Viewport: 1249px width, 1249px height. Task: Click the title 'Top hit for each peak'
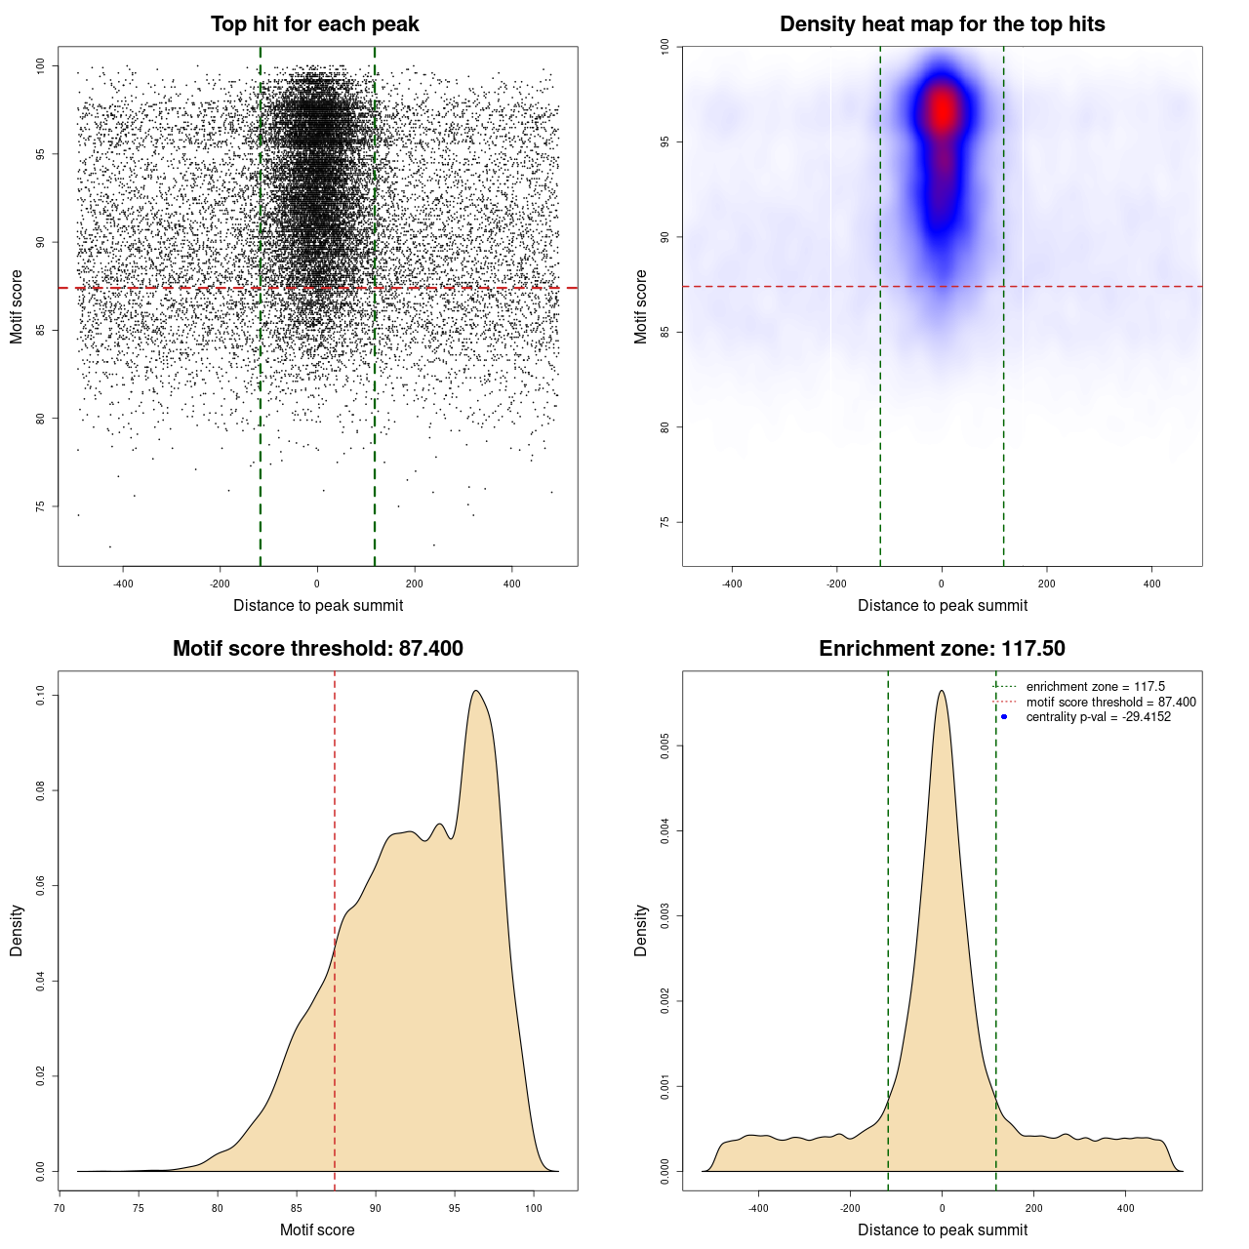315,24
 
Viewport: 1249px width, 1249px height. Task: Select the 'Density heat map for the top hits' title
942,24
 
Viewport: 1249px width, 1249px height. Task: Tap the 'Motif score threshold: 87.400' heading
317,649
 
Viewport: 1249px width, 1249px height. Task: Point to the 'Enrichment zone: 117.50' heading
942,649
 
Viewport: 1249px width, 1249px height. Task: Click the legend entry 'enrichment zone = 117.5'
1095,687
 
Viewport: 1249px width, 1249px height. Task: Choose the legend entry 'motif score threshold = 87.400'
1110,702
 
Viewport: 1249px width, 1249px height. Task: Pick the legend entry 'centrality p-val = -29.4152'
1098,717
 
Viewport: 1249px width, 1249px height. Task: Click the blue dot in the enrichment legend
1004,717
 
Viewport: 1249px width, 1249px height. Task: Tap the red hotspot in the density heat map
942,110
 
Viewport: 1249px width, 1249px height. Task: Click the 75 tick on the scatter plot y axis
41,506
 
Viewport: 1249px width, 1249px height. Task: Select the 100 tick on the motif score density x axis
533,1208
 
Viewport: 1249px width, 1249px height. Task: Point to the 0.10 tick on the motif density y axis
41,695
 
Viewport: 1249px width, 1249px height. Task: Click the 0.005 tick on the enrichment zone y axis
665,746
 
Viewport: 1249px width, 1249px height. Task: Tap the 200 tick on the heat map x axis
1047,584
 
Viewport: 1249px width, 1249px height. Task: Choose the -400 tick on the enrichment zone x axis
758,1208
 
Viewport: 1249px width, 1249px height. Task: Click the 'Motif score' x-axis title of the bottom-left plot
317,1229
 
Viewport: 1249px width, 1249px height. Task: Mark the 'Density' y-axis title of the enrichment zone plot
641,930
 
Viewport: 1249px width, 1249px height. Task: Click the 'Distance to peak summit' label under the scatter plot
318,605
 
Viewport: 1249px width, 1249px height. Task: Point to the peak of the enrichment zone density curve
942,691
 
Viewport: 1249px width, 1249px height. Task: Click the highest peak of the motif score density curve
475,691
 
